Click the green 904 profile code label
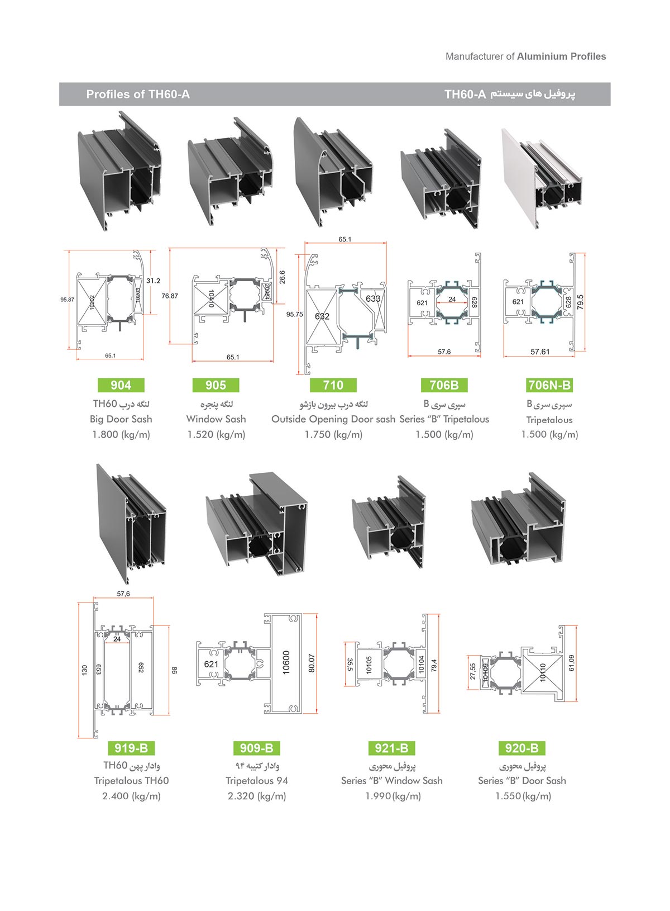(121, 385)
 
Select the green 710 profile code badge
(333, 385)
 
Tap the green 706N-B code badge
(549, 385)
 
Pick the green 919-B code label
(131, 748)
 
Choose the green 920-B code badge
(521, 748)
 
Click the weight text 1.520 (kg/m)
(216, 434)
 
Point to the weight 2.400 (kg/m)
(131, 796)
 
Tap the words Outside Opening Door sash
(333, 419)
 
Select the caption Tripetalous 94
(256, 781)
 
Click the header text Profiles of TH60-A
(138, 94)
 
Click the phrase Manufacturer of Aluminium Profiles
(525, 56)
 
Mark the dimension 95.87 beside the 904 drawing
(67, 300)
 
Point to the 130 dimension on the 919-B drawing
(84, 669)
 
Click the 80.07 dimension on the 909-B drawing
(312, 663)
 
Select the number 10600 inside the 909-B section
(286, 663)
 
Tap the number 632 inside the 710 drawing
(322, 316)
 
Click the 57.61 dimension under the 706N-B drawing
(540, 352)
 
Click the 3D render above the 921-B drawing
(389, 521)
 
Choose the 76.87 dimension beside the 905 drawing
(170, 296)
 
